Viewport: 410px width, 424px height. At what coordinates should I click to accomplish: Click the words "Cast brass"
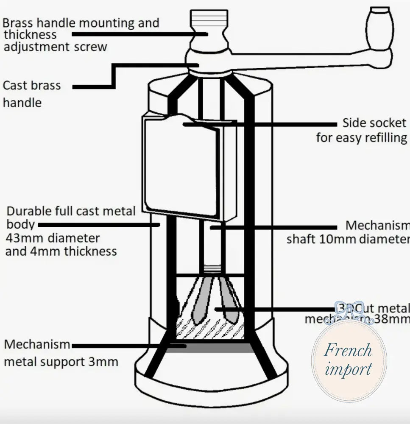pos(32,85)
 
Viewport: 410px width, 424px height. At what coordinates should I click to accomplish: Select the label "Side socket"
pos(374,123)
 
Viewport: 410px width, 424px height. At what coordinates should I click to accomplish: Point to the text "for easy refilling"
pos(361,138)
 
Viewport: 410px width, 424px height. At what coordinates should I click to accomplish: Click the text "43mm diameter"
pos(53,238)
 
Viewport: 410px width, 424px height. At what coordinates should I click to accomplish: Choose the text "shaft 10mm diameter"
pos(348,239)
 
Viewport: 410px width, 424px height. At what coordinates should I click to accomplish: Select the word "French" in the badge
pos(348,351)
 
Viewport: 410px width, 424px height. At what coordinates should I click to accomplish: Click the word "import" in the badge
pos(348,369)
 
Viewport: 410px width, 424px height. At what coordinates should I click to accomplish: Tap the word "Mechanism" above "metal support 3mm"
pos(37,344)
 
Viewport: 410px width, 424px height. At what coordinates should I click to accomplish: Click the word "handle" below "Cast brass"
pos(22,103)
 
